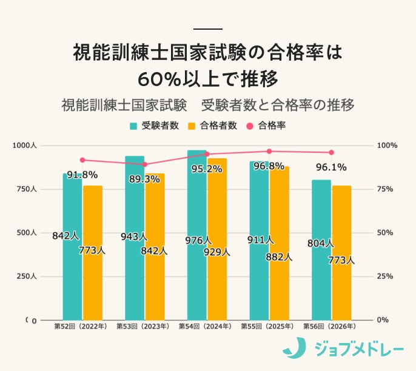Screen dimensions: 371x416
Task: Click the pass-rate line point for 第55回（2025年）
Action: click(269, 152)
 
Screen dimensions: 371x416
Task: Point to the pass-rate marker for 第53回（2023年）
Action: click(144, 164)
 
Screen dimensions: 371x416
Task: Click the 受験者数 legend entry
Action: click(154, 126)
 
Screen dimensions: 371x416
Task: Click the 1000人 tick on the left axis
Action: click(25, 145)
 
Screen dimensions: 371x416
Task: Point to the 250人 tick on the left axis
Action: click(27, 276)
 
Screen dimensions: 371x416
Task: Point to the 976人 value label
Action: click(198, 241)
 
